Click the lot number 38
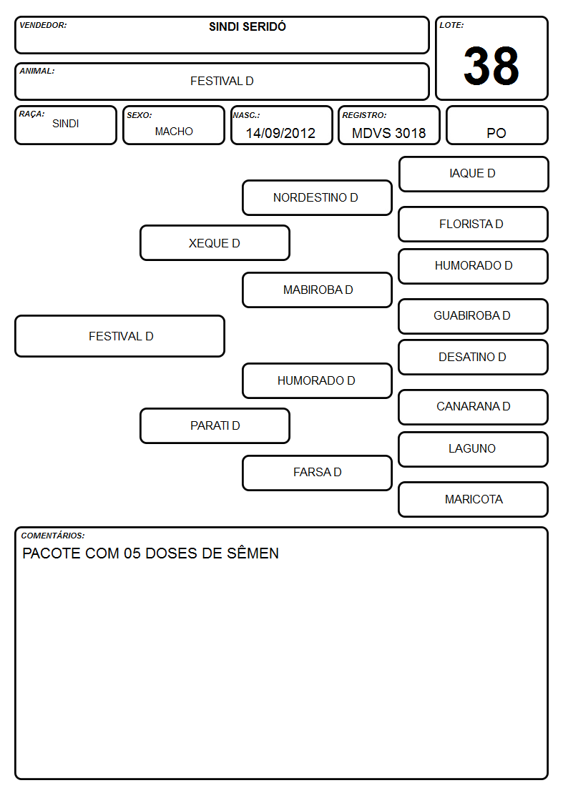(491, 66)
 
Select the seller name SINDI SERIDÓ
(248, 26)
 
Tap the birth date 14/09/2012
(280, 133)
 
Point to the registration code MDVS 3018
(388, 133)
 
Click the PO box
(496, 125)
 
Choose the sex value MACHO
(174, 132)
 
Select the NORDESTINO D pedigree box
(317, 197)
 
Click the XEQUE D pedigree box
(215, 242)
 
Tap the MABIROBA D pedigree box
(317, 290)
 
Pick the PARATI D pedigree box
(215, 425)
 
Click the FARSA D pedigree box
(317, 473)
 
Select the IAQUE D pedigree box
(474, 174)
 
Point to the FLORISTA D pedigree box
(474, 224)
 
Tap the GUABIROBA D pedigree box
(474, 316)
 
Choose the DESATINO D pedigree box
(474, 357)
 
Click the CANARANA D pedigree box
(474, 407)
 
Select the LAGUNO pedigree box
(474, 449)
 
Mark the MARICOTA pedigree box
(474, 499)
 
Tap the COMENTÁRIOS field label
(53, 536)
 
